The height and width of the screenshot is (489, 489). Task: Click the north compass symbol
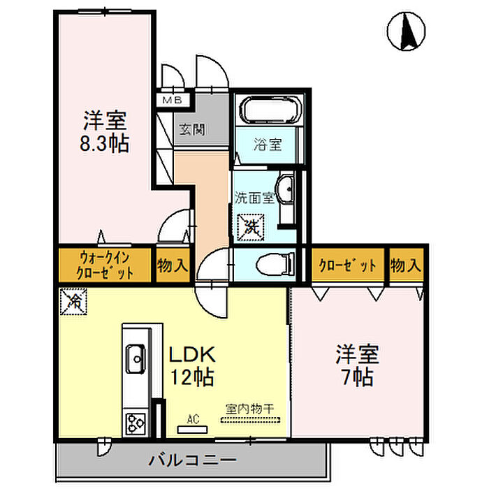pyautogui.click(x=406, y=31)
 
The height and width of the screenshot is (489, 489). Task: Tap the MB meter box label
pyautogui.click(x=173, y=100)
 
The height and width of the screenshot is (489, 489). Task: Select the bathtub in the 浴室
pyautogui.click(x=269, y=110)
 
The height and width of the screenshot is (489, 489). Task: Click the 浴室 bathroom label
pyautogui.click(x=268, y=145)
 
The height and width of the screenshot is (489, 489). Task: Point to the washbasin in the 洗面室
pyautogui.click(x=286, y=189)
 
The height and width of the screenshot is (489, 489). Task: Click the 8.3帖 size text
pyautogui.click(x=105, y=143)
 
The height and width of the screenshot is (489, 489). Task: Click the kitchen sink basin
pyautogui.click(x=135, y=361)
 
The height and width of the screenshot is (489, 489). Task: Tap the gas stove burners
pyautogui.click(x=135, y=423)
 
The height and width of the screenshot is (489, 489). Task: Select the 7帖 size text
pyautogui.click(x=358, y=377)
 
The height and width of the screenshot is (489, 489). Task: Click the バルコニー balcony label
pyautogui.click(x=193, y=460)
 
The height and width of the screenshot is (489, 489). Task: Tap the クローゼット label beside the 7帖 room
pyautogui.click(x=347, y=265)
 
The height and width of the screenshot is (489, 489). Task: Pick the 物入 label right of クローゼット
pyautogui.click(x=406, y=265)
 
